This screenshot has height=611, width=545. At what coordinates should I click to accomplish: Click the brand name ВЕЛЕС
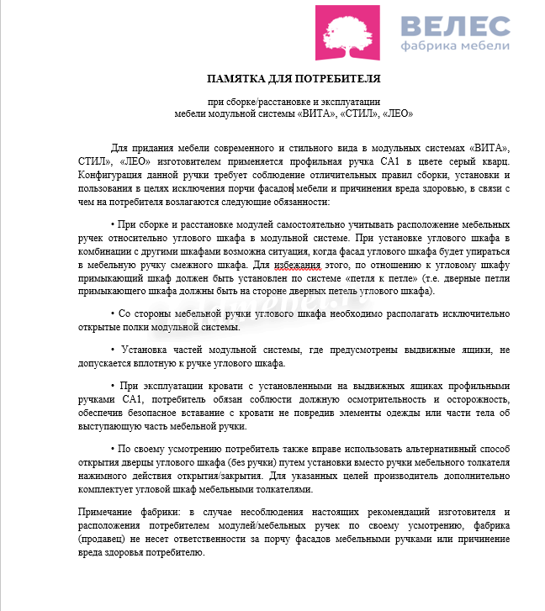(x=456, y=26)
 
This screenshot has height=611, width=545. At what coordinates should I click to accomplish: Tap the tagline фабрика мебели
(x=455, y=45)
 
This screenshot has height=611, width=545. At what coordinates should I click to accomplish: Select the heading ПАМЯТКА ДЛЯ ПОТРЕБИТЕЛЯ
(x=294, y=79)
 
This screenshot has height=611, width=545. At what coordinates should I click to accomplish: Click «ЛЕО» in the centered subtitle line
(x=396, y=112)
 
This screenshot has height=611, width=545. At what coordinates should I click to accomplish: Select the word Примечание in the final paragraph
(x=102, y=512)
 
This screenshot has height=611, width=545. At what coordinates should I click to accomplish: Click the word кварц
(x=492, y=161)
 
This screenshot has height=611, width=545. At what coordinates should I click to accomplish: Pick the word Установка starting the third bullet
(x=141, y=349)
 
